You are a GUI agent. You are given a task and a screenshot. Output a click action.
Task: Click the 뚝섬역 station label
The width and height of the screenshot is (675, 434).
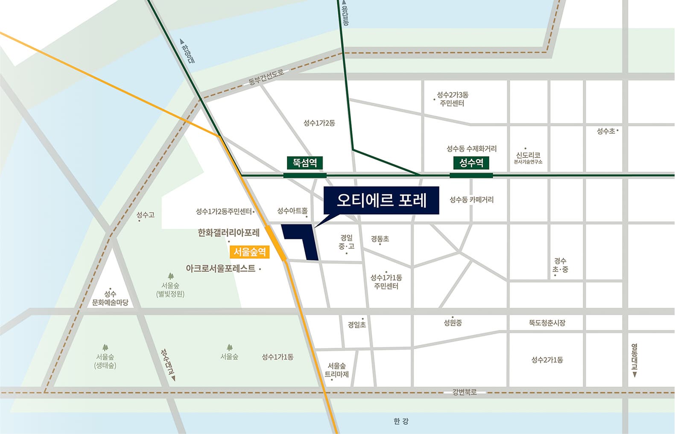coord(305,163)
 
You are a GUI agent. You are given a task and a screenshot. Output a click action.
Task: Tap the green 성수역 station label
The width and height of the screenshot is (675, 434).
coord(471,163)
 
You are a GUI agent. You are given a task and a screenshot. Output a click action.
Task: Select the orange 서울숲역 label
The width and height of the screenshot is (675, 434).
coord(250,252)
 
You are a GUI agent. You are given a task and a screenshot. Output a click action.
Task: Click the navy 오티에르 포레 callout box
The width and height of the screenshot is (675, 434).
coord(381,200)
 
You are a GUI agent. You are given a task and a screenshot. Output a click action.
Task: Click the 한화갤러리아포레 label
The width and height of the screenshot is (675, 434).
coord(228,233)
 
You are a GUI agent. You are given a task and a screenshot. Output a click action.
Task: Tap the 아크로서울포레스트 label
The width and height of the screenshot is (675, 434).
coord(220,268)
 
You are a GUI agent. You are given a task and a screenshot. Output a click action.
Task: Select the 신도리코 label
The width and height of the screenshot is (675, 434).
coord(528,155)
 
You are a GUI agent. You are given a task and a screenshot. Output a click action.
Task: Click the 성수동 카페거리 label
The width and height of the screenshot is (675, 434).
coord(471,200)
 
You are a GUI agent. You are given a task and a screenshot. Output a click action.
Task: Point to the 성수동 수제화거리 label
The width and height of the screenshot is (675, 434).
coord(471,149)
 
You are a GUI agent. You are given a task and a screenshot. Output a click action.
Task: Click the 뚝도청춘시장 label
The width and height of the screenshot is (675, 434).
coord(547,323)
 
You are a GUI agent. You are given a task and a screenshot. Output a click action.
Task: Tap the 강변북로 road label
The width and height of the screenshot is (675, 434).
coord(465,392)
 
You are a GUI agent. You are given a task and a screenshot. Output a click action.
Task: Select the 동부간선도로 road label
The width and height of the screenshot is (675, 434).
coord(266,77)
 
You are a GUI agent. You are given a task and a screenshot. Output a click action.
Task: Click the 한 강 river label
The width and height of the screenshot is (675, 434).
coord(401,422)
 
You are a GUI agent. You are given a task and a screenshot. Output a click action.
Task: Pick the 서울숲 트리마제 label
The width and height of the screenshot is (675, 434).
coord(337,370)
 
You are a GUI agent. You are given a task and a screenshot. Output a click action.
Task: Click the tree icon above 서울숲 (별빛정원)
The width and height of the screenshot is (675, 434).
coord(171,276)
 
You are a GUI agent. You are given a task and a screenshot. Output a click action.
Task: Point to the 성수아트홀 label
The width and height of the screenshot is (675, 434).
coord(292,211)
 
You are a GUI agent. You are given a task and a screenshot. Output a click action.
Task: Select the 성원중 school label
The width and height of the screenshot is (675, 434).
coord(453,323)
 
